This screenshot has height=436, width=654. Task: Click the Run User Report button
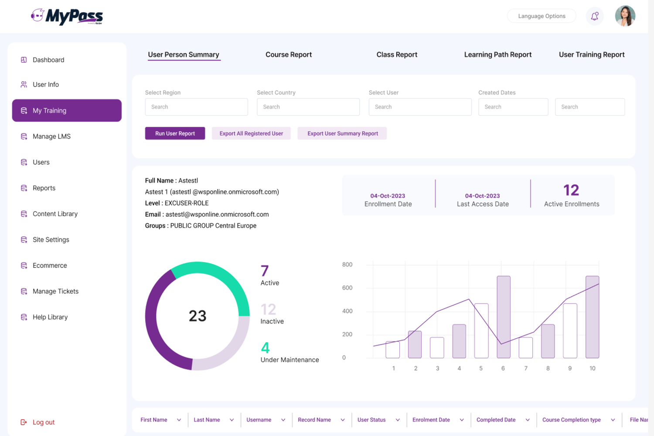pos(175,133)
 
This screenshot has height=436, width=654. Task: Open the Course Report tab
pos(289,54)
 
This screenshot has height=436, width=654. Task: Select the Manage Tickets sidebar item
pos(55,291)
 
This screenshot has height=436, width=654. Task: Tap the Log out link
pos(43,422)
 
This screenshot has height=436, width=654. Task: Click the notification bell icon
pos(594,17)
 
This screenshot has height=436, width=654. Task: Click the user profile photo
pos(625,16)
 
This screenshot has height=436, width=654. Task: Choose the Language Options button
pos(542,16)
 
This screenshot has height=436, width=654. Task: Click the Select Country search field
pos(308,107)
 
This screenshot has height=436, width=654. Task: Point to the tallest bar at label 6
pos(504,317)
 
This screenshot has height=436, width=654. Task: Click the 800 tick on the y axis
pos(347,265)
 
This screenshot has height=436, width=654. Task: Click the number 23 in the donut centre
pos(198,316)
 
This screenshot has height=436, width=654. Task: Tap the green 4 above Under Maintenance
pos(265,348)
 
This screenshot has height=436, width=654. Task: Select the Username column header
pos(259,420)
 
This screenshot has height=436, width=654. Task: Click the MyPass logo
pos(67,17)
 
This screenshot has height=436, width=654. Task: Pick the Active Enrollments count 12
pos(571,190)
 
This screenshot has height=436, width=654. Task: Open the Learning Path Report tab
pos(497,54)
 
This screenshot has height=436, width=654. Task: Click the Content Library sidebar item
pos(55,214)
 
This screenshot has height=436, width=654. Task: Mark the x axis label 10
pos(592,368)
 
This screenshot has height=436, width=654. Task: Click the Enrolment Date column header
pos(431,420)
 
